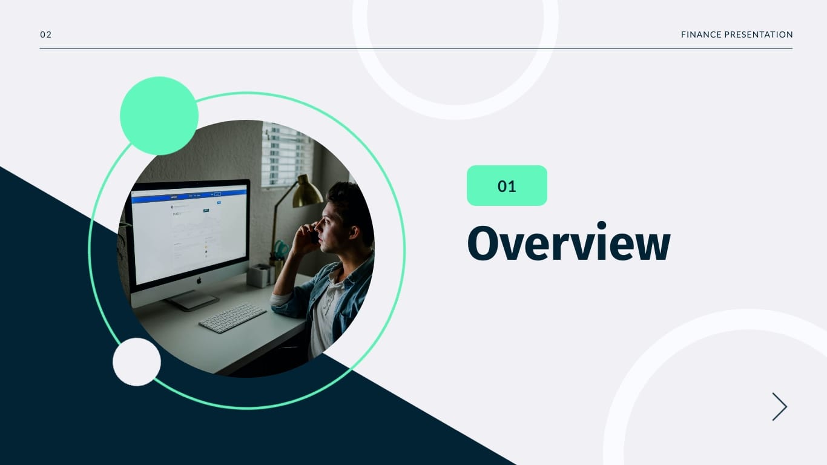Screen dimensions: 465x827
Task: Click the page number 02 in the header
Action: (46, 35)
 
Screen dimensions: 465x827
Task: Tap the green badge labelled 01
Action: (507, 186)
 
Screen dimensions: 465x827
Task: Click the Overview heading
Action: (568, 243)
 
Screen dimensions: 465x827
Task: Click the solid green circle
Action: (159, 116)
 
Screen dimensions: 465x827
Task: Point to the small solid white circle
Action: (137, 361)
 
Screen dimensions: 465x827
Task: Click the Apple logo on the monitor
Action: (198, 280)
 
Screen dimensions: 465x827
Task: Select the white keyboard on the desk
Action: (232, 317)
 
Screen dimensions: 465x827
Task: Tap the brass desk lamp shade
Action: (307, 193)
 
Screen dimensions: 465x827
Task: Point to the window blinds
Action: (286, 154)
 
